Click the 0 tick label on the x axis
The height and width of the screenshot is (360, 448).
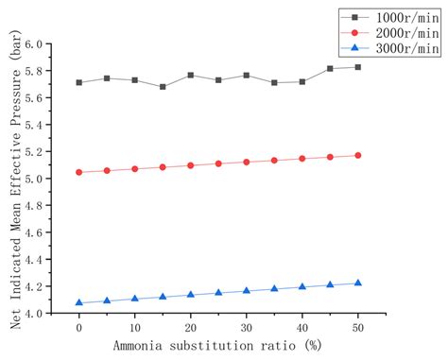tap(78, 329)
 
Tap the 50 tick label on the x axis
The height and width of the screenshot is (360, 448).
tap(357, 329)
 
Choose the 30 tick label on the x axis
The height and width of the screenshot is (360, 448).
tap(246, 329)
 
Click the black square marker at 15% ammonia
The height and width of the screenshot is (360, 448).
tap(163, 87)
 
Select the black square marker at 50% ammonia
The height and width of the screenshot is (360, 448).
tap(357, 67)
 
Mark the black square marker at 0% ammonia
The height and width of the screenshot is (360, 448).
tap(78, 82)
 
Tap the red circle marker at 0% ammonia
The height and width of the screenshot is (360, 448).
tap(78, 172)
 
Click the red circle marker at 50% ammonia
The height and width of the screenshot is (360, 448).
tap(357, 155)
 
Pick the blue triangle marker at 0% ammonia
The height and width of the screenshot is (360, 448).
tap(78, 302)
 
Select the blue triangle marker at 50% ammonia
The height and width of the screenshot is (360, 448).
tap(357, 283)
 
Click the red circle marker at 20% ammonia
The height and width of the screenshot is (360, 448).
tap(190, 165)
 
